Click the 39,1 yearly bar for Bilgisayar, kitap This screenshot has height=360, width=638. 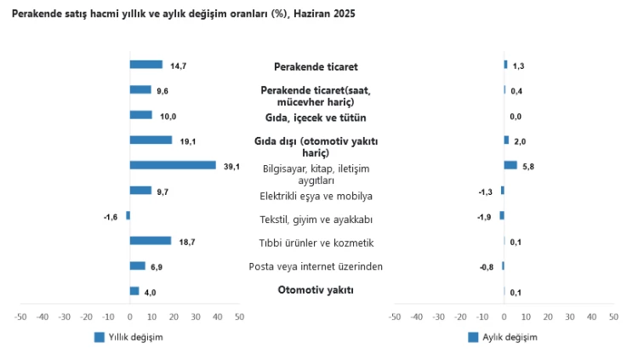(x=173, y=165)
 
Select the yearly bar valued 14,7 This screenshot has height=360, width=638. (x=145, y=65)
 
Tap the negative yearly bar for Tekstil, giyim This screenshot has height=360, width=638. (x=128, y=215)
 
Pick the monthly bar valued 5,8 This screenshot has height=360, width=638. (x=510, y=165)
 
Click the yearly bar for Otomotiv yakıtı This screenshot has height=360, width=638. (x=134, y=291)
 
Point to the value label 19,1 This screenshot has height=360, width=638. (x=185, y=141)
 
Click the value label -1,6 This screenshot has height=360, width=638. (x=111, y=217)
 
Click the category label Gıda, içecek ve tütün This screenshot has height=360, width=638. (x=316, y=117)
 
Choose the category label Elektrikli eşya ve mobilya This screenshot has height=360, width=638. (x=316, y=197)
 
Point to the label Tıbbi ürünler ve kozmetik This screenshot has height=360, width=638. (x=316, y=243)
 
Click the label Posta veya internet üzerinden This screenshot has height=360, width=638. (x=316, y=266)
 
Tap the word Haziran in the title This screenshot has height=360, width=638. (x=312, y=14)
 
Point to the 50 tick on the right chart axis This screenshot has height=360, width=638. (x=613, y=317)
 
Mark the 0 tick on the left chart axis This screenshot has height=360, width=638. (x=129, y=317)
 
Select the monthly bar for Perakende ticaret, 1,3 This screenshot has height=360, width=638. (x=505, y=65)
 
